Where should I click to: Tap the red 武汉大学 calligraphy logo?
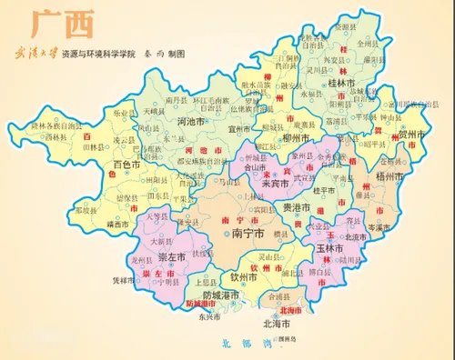tap(33, 54)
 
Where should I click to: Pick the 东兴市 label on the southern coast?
tap(209, 317)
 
